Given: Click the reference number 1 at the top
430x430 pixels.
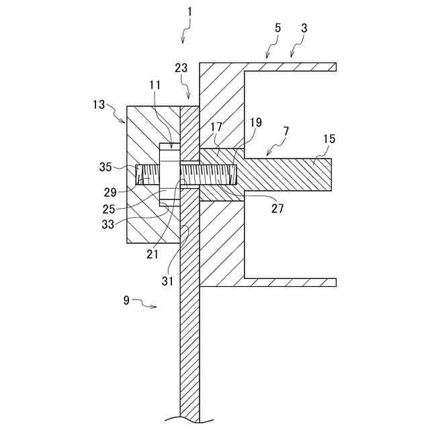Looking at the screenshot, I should [189, 12].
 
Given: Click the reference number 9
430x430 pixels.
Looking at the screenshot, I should [126, 300].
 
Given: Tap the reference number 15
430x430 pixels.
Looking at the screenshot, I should [329, 139].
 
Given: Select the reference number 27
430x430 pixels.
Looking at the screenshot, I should [277, 208].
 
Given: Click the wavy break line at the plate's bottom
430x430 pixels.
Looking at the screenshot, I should [190, 418].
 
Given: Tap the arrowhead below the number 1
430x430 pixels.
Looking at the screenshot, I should [183, 40].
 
